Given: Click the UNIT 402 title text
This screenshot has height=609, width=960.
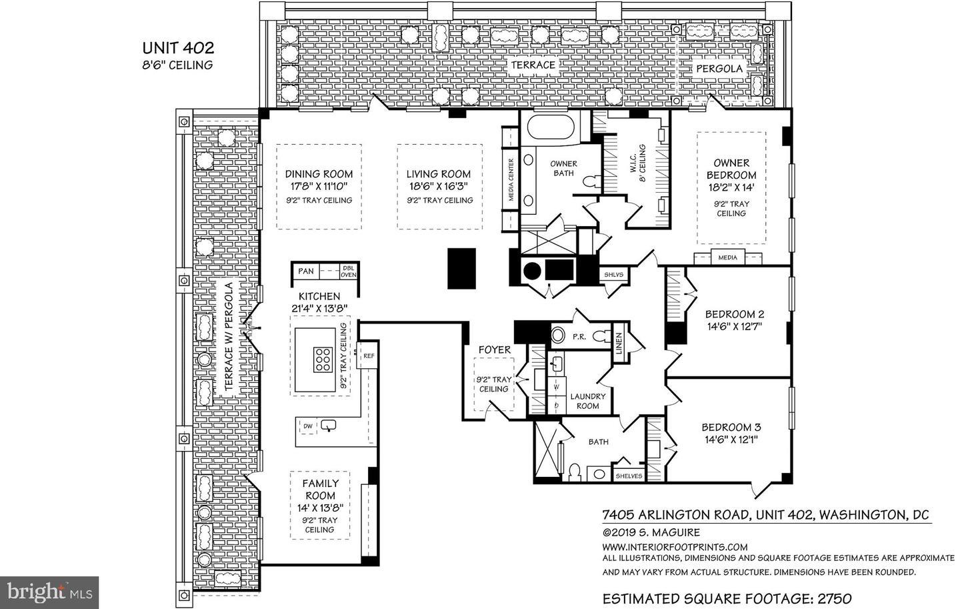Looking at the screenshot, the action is [178, 47].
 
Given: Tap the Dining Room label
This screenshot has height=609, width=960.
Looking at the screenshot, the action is [319, 174].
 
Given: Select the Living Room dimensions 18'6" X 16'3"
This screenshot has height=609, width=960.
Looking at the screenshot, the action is [439, 186].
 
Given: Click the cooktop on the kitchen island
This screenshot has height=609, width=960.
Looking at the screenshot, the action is [323, 360].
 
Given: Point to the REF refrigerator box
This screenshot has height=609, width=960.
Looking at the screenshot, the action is [368, 355].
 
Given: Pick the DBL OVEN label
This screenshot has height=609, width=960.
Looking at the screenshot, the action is [348, 271].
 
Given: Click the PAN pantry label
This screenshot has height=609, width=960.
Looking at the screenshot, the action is [306, 271].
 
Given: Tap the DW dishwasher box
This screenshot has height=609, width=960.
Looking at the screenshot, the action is [308, 426].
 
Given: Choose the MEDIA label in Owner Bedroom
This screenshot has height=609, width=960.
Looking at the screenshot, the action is [728, 257].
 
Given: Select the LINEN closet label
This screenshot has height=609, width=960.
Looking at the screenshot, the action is [619, 344].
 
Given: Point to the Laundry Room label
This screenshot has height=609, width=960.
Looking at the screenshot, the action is [587, 401].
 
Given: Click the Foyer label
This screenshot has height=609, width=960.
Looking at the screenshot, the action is [495, 350].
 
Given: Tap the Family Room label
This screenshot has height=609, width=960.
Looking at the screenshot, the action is [321, 490].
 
